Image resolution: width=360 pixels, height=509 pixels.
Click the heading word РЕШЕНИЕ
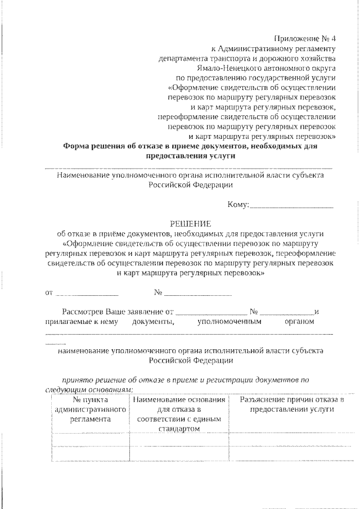click(x=189, y=223)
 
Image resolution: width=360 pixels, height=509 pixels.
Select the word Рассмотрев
click(x=83, y=311)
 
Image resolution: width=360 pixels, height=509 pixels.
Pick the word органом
click(x=299, y=322)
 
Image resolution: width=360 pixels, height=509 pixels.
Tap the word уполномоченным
click(x=229, y=322)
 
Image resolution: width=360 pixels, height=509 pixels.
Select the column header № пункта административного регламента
click(x=90, y=409)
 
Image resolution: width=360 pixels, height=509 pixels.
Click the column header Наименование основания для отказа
click(x=179, y=409)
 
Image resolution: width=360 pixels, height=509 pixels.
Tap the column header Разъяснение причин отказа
click(x=291, y=404)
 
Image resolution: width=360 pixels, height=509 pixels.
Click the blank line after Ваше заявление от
click(x=211, y=312)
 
